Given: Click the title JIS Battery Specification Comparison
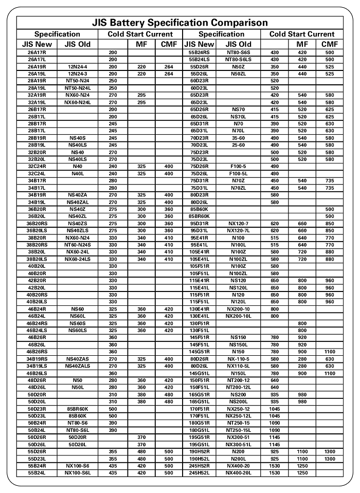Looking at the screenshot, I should [x=180, y=23].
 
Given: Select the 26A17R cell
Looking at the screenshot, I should [x=37, y=53].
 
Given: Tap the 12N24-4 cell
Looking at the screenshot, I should [x=78, y=67].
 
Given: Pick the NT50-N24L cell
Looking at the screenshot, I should [x=78, y=88].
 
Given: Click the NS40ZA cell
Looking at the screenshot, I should [x=78, y=195].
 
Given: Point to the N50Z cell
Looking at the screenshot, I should [x=238, y=67].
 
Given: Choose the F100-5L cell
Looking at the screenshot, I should [x=238, y=174].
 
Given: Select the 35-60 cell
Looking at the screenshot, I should [x=238, y=138].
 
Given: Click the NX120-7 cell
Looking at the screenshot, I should [x=238, y=224].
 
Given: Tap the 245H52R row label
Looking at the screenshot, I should [x=199, y=466].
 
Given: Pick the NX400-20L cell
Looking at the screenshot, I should [x=238, y=472].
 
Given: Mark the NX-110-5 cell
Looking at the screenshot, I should [x=238, y=358].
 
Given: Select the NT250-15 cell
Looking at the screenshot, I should [x=238, y=423].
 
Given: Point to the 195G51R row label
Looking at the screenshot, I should [x=199, y=437].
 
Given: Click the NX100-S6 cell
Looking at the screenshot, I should [x=78, y=466].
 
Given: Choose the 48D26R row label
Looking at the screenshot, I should [x=37, y=380].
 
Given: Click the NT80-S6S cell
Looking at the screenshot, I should [x=238, y=53].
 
